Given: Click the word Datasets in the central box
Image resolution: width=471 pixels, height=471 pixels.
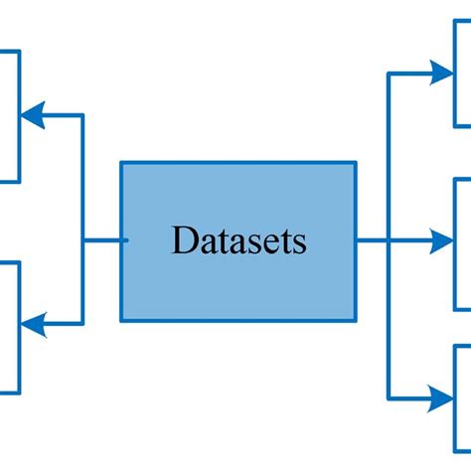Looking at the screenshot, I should (x=238, y=240).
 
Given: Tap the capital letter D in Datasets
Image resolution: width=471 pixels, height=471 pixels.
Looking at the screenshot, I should (x=182, y=240).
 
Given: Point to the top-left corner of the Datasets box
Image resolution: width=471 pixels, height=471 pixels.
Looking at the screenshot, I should (x=122, y=163).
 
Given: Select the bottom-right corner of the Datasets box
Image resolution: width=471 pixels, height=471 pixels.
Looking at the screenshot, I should (x=355, y=320).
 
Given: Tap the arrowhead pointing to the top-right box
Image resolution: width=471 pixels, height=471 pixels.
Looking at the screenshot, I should (x=441, y=73).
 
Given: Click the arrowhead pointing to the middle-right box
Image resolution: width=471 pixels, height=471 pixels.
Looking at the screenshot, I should (x=441, y=239).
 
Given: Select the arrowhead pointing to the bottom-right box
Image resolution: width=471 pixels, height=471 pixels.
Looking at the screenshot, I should (x=441, y=398).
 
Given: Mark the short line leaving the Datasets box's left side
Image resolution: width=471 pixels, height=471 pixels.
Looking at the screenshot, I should (x=102, y=239).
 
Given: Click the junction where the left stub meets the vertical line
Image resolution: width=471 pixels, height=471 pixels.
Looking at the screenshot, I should (x=82, y=239).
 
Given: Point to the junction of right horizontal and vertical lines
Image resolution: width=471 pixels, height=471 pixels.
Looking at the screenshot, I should (x=388, y=239).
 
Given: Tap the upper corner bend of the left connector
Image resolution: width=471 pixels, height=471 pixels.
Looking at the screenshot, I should (x=82, y=115).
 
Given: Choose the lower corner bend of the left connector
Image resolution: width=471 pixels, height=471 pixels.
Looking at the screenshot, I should (x=82, y=323).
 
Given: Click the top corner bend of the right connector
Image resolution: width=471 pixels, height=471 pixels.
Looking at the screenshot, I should (x=388, y=73).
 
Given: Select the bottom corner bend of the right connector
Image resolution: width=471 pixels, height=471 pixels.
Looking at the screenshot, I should (x=388, y=398).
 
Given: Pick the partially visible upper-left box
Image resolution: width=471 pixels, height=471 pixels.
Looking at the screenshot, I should (x=9, y=115).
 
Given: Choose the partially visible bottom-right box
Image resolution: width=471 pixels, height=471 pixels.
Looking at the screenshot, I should (x=462, y=402).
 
